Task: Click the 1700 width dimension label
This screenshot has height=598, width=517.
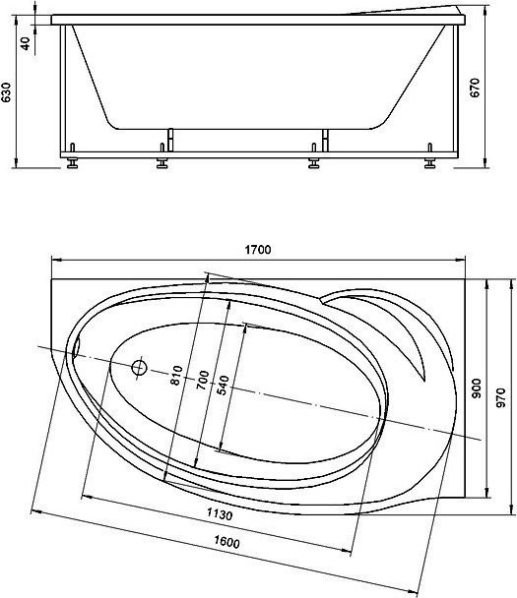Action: (258, 250)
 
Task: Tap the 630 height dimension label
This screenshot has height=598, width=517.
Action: (6, 92)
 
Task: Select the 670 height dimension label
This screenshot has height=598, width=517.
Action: (475, 88)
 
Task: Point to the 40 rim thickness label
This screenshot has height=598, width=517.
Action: (26, 43)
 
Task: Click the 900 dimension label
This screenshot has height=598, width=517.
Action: (477, 389)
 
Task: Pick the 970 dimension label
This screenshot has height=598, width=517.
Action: (501, 397)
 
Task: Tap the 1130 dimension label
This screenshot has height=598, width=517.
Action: (220, 514)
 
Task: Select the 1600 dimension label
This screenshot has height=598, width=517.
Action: (226, 542)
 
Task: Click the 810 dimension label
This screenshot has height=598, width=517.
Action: (176, 376)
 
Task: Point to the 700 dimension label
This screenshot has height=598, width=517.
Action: (203, 380)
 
